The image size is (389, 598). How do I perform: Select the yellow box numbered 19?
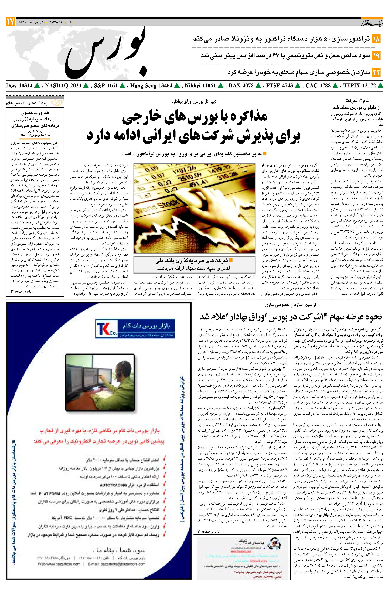[x=376, y=56]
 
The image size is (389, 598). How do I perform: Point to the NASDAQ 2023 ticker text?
[x=63, y=86]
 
